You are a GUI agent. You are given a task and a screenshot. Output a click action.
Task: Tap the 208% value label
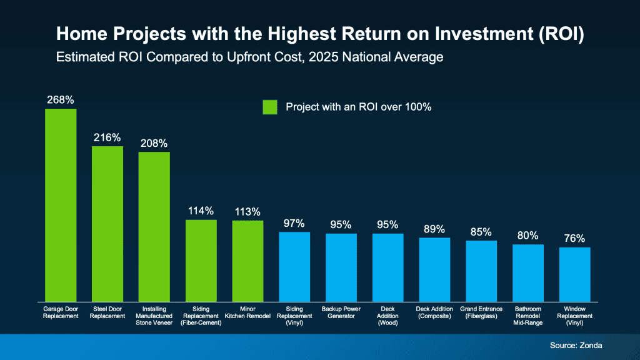tap(154, 143)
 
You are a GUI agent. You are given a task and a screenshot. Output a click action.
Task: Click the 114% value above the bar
tap(201, 211)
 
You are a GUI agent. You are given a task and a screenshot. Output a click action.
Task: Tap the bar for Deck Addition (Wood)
tap(388, 267)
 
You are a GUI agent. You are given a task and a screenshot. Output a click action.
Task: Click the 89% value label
tap(434, 228)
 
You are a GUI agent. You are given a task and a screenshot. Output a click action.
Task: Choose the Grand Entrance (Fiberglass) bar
tap(481, 271)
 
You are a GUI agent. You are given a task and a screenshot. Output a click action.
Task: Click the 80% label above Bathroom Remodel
tap(528, 236)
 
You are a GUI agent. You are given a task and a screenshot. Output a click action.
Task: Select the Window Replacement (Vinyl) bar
tap(574, 274)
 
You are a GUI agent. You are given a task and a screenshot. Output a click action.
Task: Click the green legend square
tap(269, 107)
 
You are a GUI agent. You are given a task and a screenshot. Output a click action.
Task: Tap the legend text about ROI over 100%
tap(359, 107)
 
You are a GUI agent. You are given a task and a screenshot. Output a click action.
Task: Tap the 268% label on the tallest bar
tap(61, 99)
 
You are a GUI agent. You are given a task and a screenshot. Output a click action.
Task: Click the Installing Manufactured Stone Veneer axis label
tap(154, 316)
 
